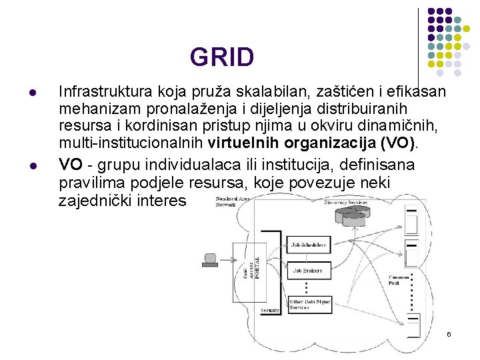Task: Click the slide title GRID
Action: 221,57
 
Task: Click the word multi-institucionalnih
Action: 131,143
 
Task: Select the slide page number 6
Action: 449,333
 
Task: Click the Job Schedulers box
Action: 309,245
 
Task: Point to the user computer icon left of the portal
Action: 211,259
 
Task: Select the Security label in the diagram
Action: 270,311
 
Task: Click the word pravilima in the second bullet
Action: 88,182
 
